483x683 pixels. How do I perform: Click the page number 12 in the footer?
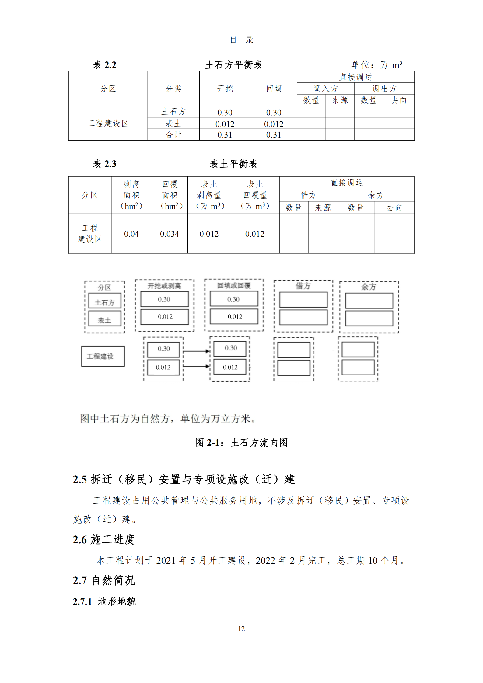pyautogui.click(x=241, y=629)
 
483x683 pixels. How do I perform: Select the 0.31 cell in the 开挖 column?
pyautogui.click(x=225, y=135)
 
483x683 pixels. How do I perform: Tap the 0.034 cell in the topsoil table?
pyautogui.click(x=170, y=234)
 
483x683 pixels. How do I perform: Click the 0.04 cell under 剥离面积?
pyautogui.click(x=131, y=234)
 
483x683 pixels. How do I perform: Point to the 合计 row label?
pyautogui.click(x=173, y=135)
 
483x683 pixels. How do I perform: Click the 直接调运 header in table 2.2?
pyautogui.click(x=355, y=77)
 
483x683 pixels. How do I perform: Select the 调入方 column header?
pyautogui.click(x=326, y=89)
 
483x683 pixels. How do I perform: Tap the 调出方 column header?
pyautogui.click(x=384, y=89)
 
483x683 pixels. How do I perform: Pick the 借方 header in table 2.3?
pyautogui.click(x=308, y=195)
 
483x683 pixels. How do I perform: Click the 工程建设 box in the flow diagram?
pyautogui.click(x=103, y=356)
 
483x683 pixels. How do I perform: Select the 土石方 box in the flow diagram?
pyautogui.click(x=105, y=302)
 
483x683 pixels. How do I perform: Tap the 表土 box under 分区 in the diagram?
pyautogui.click(x=105, y=320)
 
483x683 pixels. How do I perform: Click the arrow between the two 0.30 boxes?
pyautogui.click(x=197, y=351)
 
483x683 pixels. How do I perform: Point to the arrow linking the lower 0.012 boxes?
pyautogui.click(x=197, y=366)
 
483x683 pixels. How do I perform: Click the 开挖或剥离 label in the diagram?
pyautogui.click(x=164, y=286)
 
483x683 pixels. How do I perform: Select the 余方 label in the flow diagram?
pyautogui.click(x=369, y=287)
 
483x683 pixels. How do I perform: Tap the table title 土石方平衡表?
pyautogui.click(x=234, y=65)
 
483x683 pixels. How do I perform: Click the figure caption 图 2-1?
pyautogui.click(x=242, y=442)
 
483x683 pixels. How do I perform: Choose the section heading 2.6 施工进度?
pyautogui.click(x=104, y=539)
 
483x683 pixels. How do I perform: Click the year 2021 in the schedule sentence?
pyautogui.click(x=166, y=560)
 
